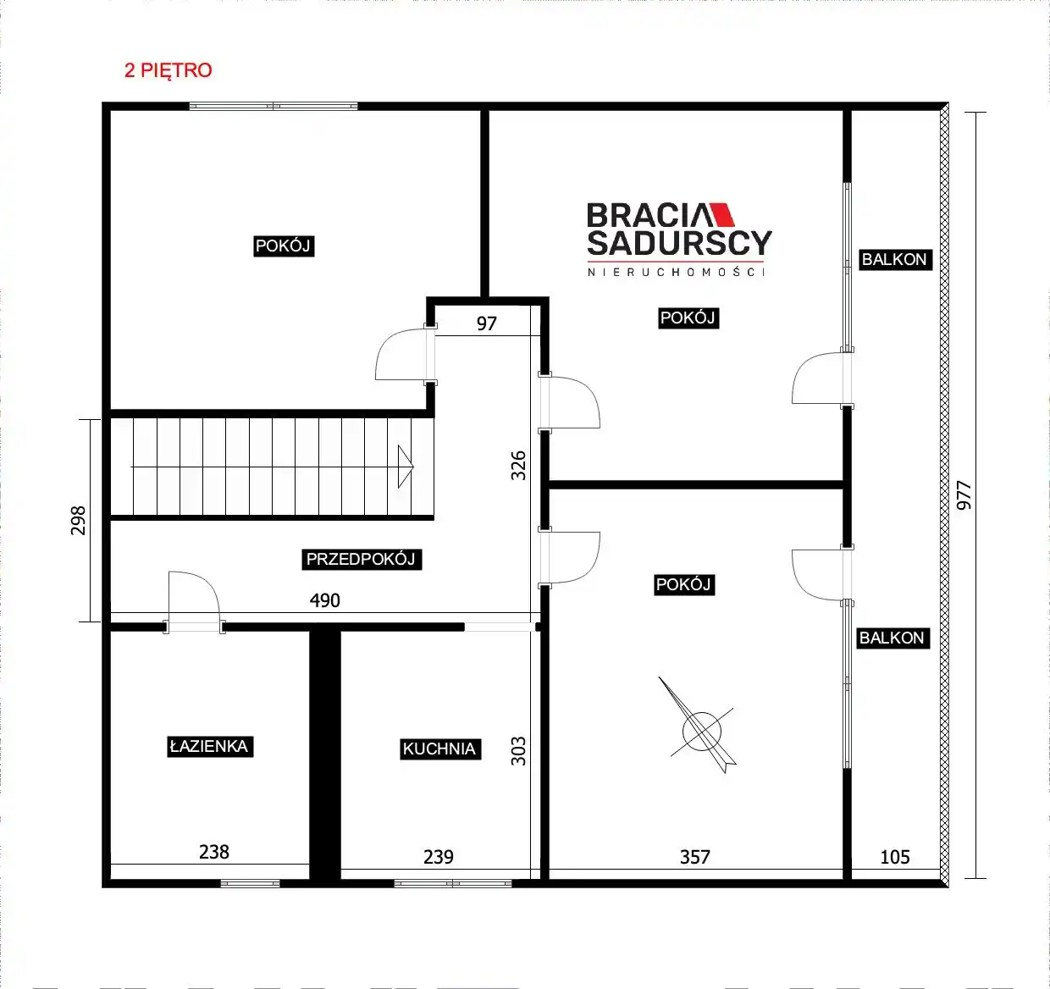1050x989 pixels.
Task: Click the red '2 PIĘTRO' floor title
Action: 169,70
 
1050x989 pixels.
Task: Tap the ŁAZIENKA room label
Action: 210,746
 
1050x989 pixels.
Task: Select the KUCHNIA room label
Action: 439,749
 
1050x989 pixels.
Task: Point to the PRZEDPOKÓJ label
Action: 362,559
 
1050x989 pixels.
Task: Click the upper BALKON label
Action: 895,260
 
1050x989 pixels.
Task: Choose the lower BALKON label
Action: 892,638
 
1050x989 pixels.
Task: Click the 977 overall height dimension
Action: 964,495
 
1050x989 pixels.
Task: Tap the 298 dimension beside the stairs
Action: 78,521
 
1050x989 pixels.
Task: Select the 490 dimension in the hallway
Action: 324,600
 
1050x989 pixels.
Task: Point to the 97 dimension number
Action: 486,323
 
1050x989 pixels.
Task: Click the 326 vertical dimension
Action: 519,466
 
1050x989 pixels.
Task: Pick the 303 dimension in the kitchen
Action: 519,751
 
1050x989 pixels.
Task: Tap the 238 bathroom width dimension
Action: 214,852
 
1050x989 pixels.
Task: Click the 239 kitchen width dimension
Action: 439,857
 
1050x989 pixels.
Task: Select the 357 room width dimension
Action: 694,857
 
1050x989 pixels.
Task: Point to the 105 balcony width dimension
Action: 894,857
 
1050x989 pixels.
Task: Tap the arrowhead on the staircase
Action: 406,466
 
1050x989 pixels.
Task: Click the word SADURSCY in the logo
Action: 679,243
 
